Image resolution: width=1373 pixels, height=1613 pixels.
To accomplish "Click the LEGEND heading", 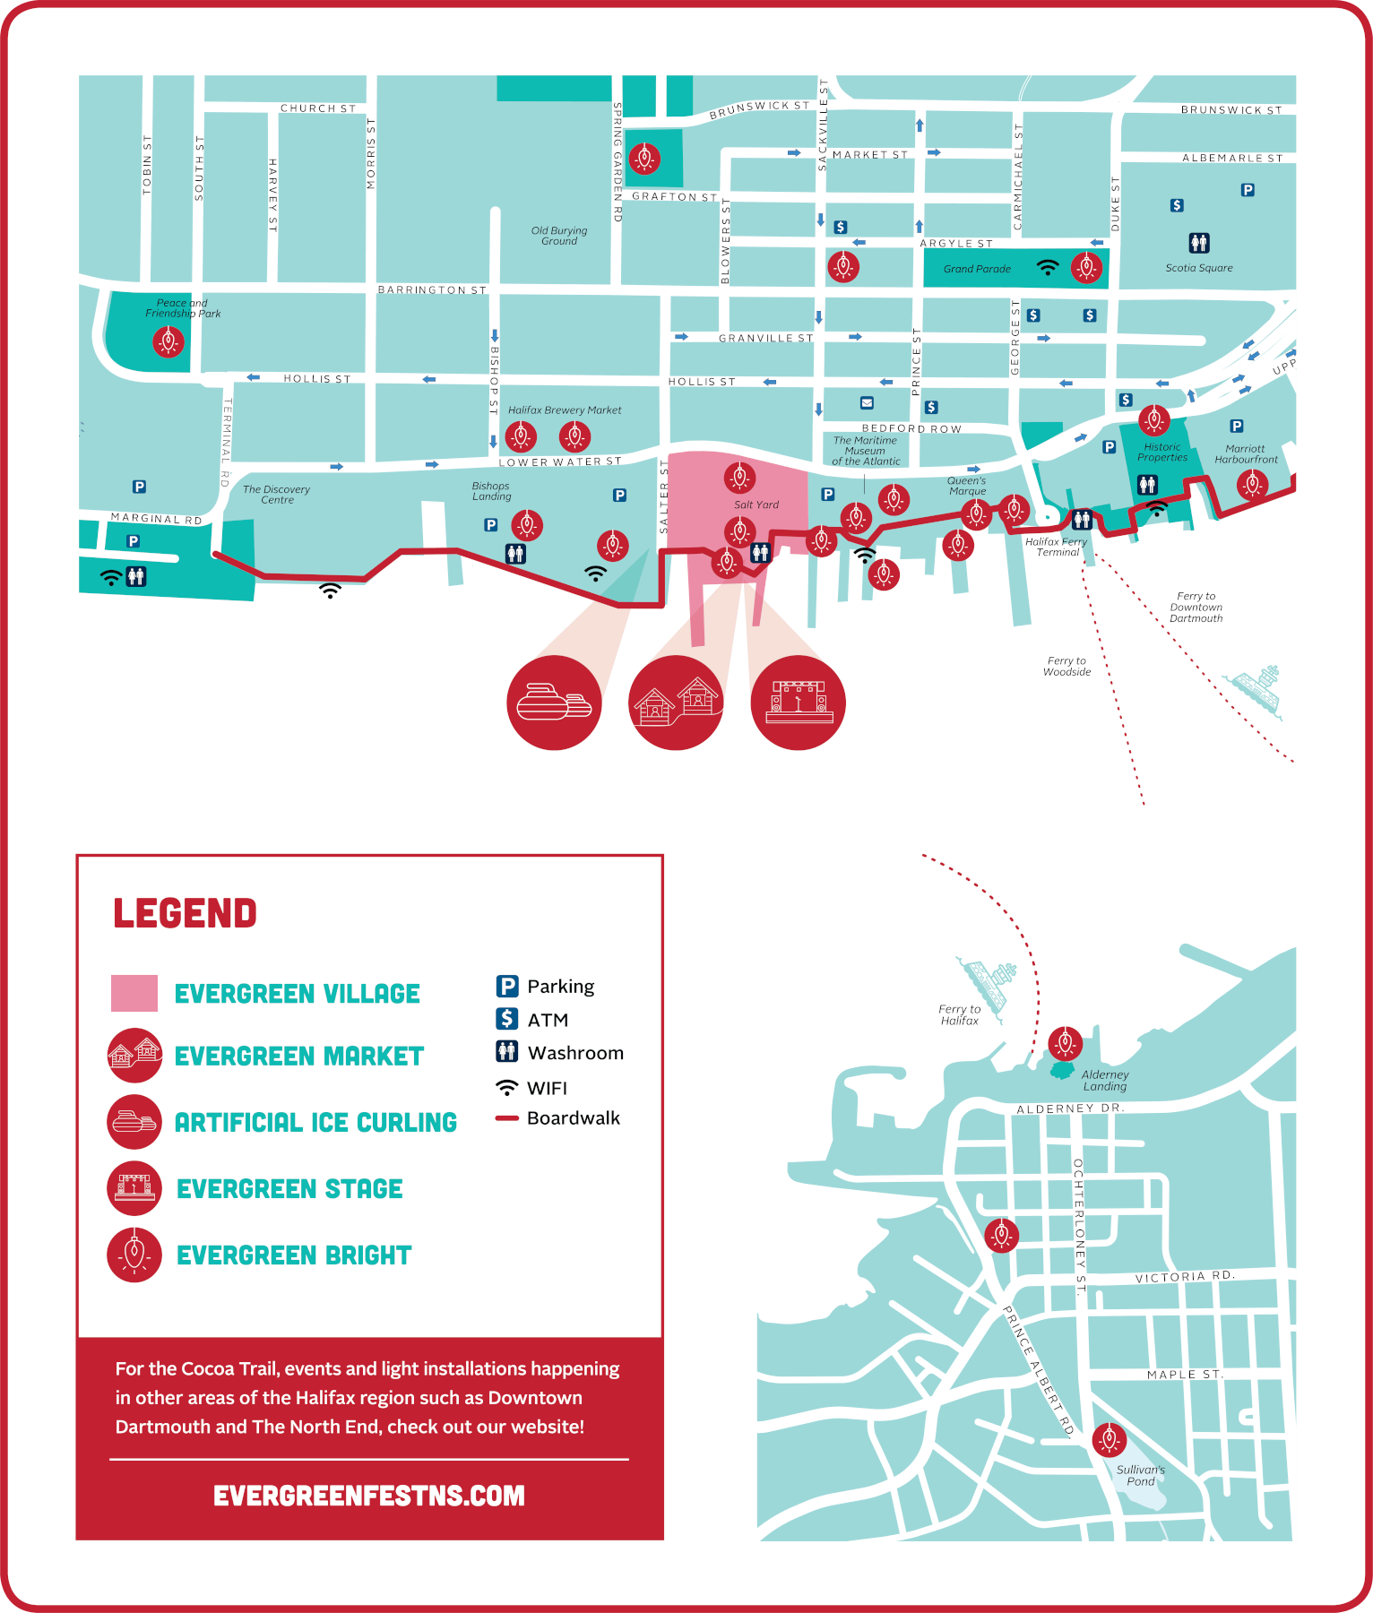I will [x=185, y=913].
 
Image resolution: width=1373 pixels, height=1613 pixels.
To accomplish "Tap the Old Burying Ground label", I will [x=559, y=236].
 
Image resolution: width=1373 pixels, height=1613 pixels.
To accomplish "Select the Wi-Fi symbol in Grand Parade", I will [x=1047, y=267].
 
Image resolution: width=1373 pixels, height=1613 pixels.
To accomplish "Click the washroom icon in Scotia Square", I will [x=1199, y=243].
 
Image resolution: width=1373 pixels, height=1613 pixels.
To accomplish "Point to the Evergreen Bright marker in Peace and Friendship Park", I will [x=168, y=341].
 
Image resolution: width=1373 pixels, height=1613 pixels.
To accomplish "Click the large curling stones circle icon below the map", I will [x=554, y=703].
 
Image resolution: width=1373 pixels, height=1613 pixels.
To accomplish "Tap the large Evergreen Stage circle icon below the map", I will [x=798, y=703].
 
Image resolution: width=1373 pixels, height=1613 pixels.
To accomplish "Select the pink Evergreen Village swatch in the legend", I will [x=134, y=993].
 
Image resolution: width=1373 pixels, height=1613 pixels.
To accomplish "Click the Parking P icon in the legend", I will [x=507, y=986].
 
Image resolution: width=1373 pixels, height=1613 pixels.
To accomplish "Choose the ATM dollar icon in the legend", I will [x=507, y=1019].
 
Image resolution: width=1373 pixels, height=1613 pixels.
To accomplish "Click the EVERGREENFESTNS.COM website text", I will [x=368, y=1496].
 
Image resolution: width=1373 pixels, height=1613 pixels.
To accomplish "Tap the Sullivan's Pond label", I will [x=1140, y=1475].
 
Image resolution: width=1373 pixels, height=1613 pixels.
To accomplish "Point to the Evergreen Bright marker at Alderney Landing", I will [x=1065, y=1043].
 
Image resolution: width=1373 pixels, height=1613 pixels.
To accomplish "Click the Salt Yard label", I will [x=756, y=505].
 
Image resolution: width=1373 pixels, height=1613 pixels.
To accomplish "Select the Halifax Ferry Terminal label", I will [x=1057, y=547].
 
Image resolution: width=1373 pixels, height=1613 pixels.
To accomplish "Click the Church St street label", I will [x=318, y=108].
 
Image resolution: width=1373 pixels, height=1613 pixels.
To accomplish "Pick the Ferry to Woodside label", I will [x=1066, y=667].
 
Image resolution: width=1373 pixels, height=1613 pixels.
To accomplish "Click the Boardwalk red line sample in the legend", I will [x=507, y=1118].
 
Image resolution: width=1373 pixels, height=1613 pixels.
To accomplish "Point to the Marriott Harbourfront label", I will [x=1246, y=454].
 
